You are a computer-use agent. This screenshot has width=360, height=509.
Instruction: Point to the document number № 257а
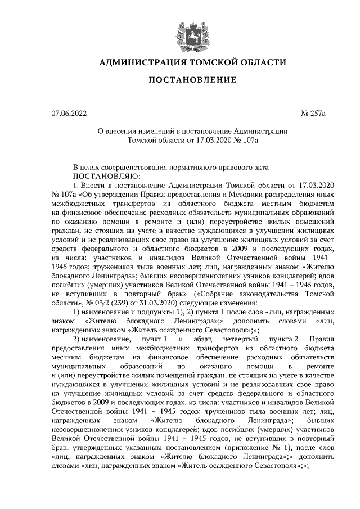[314, 114]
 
